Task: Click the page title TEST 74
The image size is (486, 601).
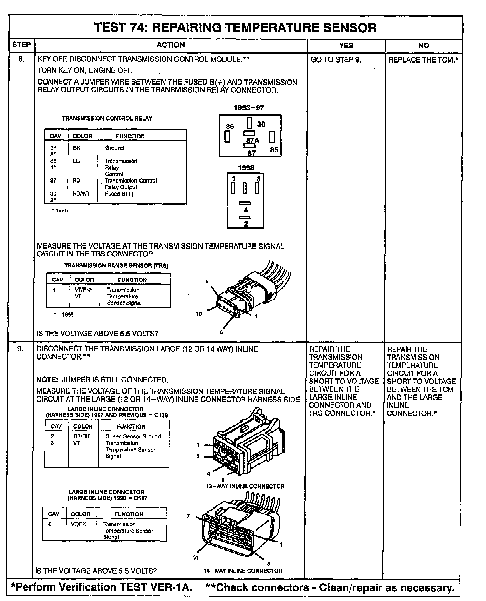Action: (235, 28)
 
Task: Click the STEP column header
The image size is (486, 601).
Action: (21, 45)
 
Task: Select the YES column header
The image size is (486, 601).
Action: (346, 45)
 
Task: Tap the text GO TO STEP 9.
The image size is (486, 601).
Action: (336, 60)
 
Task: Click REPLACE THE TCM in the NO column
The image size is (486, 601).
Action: (423, 60)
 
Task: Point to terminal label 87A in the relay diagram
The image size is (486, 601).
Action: (252, 140)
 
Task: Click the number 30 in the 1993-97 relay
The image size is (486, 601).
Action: (261, 124)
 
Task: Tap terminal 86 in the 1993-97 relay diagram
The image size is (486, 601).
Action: (230, 127)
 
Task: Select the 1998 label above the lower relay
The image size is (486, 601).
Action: (246, 168)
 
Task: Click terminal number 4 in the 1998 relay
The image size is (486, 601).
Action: (246, 210)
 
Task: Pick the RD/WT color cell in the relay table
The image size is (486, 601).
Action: (81, 194)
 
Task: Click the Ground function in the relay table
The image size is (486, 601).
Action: (114, 148)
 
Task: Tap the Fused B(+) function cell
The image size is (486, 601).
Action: (119, 194)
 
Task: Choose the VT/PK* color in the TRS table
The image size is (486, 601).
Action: (83, 290)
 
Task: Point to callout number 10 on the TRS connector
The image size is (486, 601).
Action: (199, 314)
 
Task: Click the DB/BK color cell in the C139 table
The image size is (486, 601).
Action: (81, 436)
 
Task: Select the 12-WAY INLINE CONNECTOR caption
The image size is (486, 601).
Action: (245, 486)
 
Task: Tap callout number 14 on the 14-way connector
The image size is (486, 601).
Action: (195, 558)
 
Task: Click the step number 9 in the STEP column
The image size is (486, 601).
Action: (20, 349)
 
